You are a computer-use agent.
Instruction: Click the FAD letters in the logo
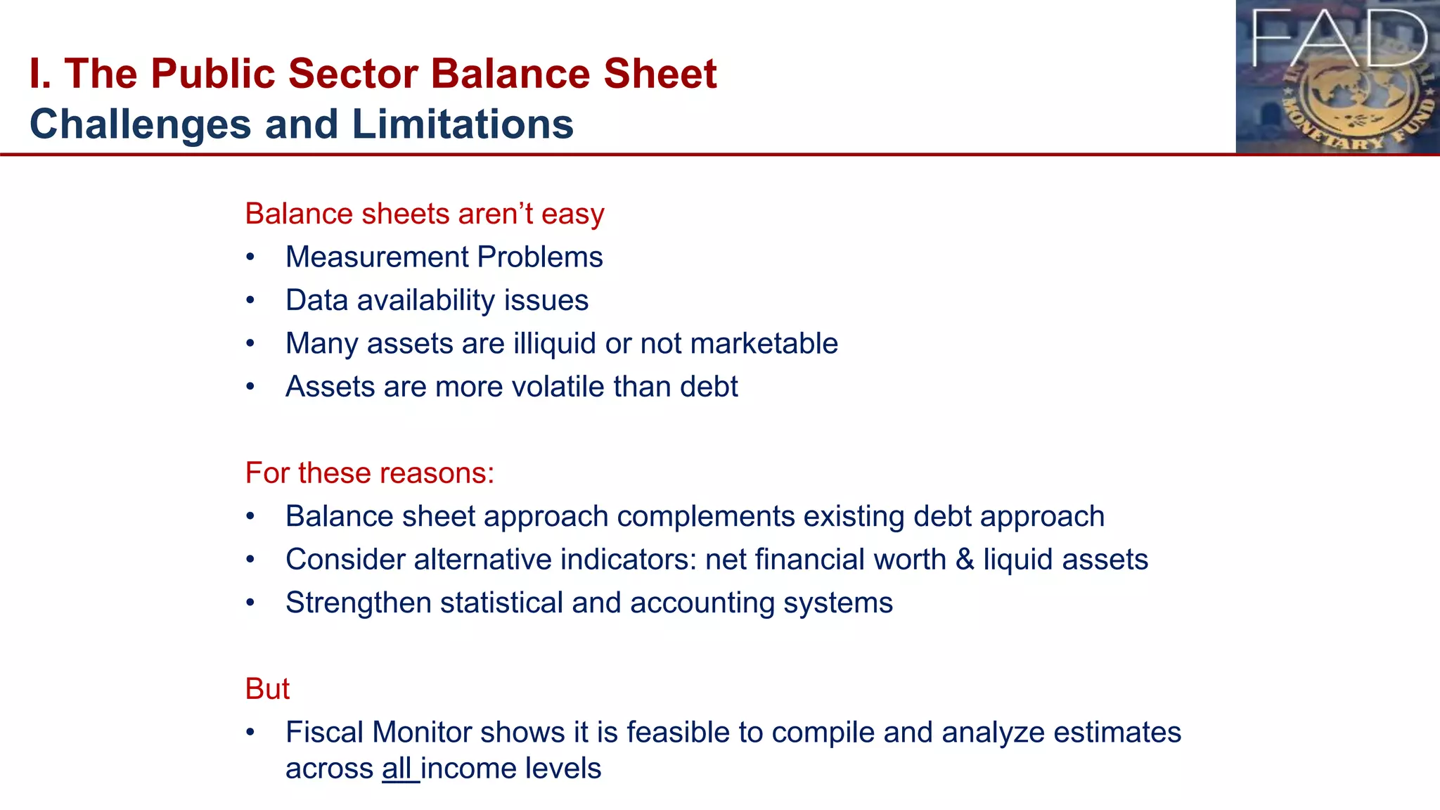coord(1339,39)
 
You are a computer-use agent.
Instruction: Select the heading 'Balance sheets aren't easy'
coord(424,214)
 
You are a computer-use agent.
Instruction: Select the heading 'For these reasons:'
coord(370,473)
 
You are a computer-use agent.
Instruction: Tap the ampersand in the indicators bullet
coord(965,560)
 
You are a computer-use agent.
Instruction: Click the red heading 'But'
coord(267,689)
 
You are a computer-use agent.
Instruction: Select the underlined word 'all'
coord(397,769)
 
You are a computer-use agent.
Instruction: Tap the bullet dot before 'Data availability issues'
coord(250,301)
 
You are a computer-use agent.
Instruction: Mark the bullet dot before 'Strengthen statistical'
coord(250,603)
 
